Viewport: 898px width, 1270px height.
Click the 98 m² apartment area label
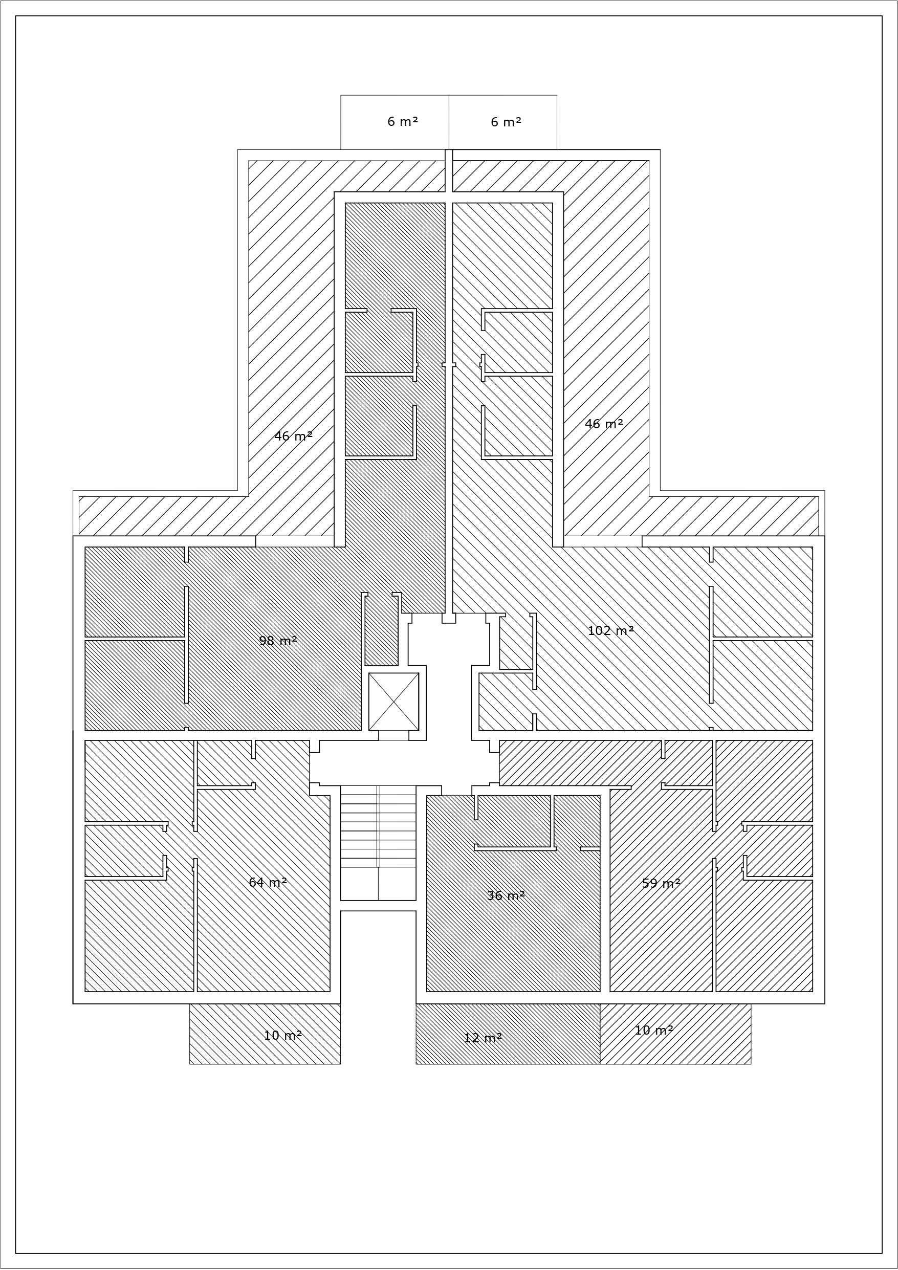[x=278, y=641]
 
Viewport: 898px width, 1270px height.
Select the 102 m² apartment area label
[x=610, y=630]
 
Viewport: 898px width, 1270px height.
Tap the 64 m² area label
[x=268, y=882]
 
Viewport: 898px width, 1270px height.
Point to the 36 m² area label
[x=506, y=895]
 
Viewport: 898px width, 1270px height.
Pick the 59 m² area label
[x=661, y=883]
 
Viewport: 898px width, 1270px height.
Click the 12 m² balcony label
[x=483, y=1038]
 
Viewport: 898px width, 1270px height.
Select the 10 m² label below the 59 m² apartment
[x=654, y=1031]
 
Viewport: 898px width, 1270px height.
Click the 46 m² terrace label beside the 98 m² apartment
[x=293, y=436]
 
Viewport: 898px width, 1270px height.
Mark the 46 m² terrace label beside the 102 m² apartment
[x=604, y=424]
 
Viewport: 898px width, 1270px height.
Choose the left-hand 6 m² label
[x=403, y=122]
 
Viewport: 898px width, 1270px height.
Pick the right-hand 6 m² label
[x=506, y=122]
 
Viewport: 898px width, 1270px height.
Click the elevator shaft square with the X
[x=394, y=702]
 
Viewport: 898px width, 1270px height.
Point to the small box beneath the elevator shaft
[x=394, y=735]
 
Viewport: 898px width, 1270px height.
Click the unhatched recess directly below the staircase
[x=378, y=957]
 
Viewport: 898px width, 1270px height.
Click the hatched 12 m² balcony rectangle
[x=508, y=1034]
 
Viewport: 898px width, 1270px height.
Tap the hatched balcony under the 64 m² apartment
[x=265, y=1034]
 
